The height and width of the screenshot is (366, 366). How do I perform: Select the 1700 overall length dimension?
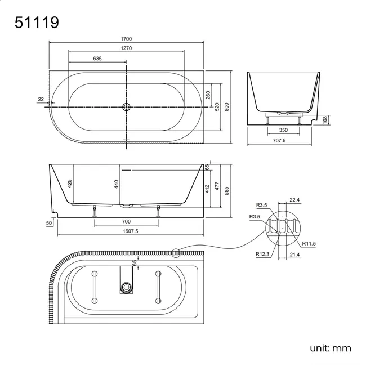pyautogui.click(x=126, y=39)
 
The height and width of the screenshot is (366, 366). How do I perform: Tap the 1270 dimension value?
pyautogui.click(x=126, y=48)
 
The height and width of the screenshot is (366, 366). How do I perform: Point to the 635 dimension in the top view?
pyautogui.click(x=97, y=58)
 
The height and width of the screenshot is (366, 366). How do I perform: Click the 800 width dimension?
pyautogui.click(x=227, y=106)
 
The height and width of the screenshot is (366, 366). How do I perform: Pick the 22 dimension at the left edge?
pyautogui.click(x=41, y=99)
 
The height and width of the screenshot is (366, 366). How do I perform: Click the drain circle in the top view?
pyautogui.click(x=127, y=106)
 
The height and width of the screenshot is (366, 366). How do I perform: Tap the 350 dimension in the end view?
pyautogui.click(x=284, y=130)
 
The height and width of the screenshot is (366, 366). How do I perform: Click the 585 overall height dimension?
pyautogui.click(x=227, y=191)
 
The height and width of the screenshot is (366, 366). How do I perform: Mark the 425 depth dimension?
pyautogui.click(x=70, y=183)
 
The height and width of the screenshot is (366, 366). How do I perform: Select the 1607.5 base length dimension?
pyautogui.click(x=129, y=231)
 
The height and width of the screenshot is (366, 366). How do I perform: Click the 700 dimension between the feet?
pyautogui.click(x=127, y=222)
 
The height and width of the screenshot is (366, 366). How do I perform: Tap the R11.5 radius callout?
pyautogui.click(x=309, y=244)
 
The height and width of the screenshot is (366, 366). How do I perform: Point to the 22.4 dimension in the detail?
pyautogui.click(x=293, y=199)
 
